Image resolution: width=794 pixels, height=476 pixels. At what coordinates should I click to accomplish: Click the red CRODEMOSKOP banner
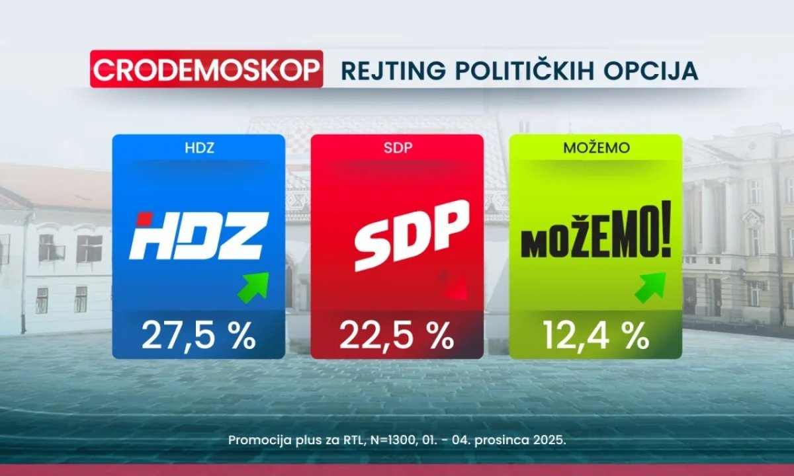[x=206, y=69]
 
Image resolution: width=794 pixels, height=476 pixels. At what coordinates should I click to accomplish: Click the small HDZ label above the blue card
[x=198, y=149]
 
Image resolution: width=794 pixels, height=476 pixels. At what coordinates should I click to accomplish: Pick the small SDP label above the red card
[x=396, y=149]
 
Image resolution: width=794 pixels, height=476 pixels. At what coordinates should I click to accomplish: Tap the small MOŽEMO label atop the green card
[x=595, y=149]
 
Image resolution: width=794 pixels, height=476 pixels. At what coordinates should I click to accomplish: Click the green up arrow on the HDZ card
[x=254, y=286]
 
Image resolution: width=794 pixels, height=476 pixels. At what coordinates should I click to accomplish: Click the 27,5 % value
[x=198, y=337]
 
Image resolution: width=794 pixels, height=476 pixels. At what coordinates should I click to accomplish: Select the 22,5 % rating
[x=396, y=337]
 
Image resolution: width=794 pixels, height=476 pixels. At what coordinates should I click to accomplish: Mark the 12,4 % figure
[x=595, y=337]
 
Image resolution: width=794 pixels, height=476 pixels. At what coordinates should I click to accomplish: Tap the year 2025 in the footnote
[x=549, y=440]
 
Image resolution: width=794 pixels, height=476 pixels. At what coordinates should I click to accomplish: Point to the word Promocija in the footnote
[x=255, y=440]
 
